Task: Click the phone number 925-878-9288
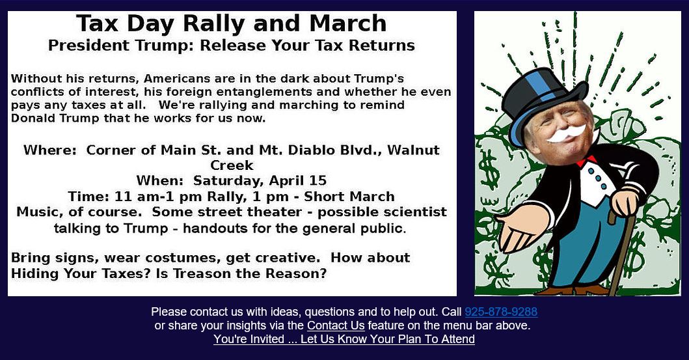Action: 501,312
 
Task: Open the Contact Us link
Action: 336,325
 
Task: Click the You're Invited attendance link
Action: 344,339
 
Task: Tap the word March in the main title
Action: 348,23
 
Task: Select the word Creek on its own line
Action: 232,166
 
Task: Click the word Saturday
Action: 229,181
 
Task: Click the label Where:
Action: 50,150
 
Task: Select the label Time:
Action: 88,197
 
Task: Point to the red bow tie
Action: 586,161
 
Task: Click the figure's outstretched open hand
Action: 520,229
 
